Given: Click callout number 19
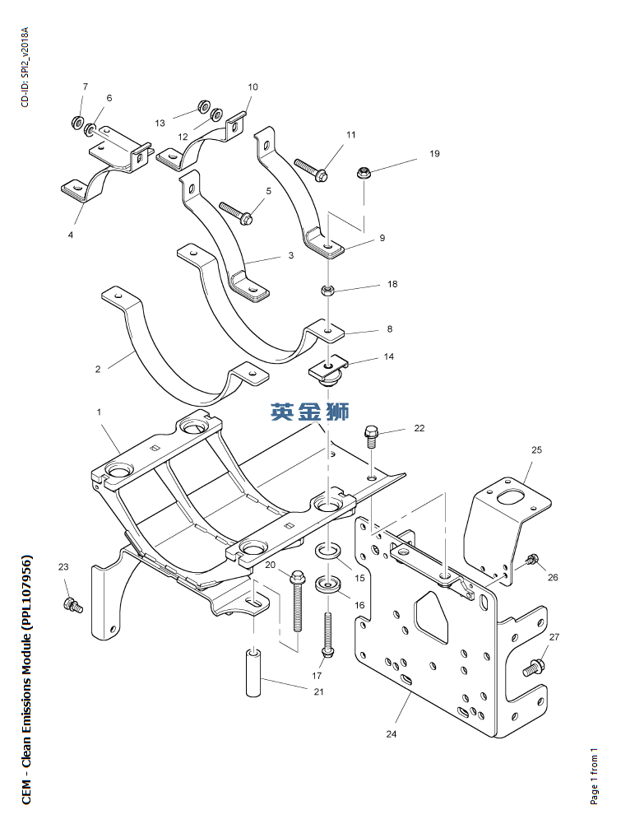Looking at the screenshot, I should click(434, 154).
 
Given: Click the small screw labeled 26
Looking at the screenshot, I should click(532, 561).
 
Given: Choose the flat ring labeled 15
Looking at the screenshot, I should click(329, 549).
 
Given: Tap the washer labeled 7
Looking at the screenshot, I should click(76, 123).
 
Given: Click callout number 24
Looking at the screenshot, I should click(392, 733).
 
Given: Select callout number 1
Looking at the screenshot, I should click(100, 411).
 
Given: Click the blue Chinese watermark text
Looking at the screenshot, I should click(310, 412).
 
